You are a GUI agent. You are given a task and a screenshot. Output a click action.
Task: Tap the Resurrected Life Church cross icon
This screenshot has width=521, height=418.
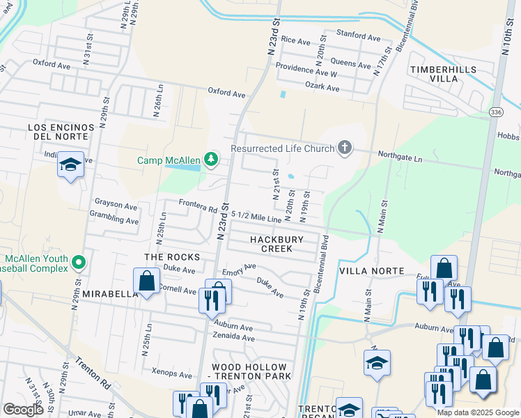point(343,147)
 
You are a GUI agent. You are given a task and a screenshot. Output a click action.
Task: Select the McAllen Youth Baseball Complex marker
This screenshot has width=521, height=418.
point(79,262)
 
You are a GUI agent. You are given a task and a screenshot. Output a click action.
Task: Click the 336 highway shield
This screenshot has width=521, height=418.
point(495,111)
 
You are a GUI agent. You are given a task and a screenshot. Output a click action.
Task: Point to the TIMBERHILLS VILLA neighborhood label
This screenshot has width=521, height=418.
point(444,74)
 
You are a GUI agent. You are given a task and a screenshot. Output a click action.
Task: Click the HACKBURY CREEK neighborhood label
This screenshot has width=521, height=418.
point(277,244)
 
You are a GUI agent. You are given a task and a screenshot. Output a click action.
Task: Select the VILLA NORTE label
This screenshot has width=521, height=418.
point(371,270)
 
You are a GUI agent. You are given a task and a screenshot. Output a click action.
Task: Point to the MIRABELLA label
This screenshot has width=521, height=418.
point(111,294)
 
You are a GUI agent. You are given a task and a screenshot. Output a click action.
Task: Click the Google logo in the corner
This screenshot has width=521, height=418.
point(23,410)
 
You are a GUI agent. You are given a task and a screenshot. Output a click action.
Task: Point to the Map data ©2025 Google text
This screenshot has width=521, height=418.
point(477,412)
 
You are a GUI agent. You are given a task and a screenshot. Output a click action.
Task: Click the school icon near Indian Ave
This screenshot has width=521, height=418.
point(70,165)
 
